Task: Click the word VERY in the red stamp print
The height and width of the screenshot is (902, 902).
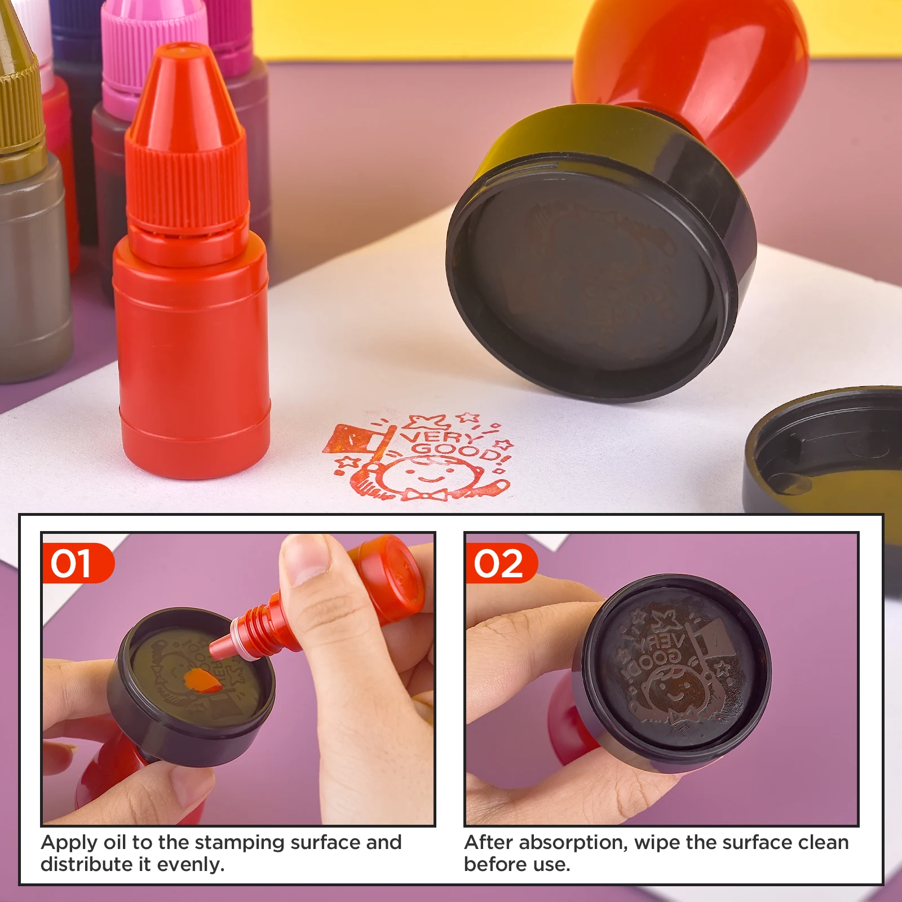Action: click(x=439, y=436)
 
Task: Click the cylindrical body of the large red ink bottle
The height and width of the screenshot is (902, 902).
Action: click(x=192, y=350)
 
